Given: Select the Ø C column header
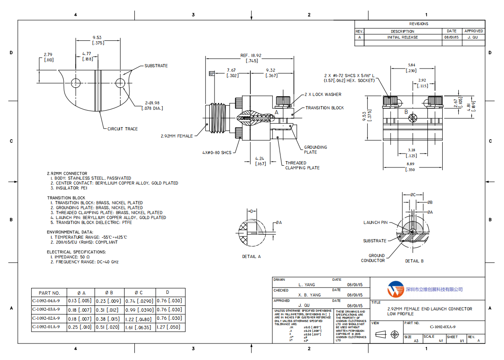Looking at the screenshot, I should tap(138, 292).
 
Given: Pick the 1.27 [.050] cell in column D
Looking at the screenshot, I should tap(170, 327).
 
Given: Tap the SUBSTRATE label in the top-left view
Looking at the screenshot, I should tap(156, 66).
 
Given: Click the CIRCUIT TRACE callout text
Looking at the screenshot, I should tap(122, 129).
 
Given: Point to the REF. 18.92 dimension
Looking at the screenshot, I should tap(251, 56).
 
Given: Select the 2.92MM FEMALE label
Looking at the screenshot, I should tap(177, 136).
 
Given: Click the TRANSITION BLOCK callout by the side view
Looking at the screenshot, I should tap(325, 108).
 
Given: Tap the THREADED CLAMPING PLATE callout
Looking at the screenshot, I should tap(302, 165).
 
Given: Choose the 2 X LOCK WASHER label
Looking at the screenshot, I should tap(323, 94).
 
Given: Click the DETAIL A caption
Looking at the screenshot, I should tap(251, 257).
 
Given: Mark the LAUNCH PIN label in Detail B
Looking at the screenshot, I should tap(375, 223).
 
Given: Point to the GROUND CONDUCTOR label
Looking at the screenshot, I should tap(373, 258).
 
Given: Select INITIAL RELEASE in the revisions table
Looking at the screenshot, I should tap(402, 37).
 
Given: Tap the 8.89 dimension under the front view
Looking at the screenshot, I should tap(410, 165).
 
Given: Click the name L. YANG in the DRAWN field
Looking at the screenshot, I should tap(306, 285).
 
